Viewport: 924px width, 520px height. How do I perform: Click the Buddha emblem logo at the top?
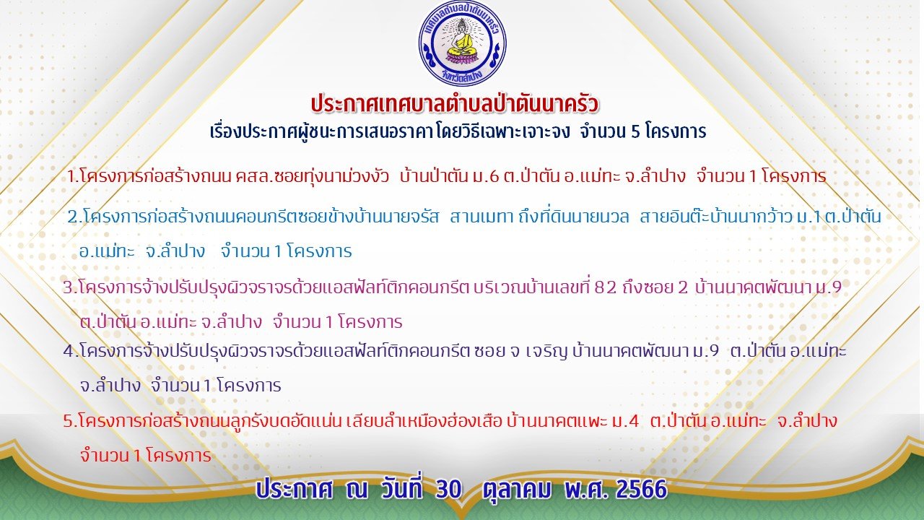463,43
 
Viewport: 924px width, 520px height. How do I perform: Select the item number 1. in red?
73,177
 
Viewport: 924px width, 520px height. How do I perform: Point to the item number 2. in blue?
75,217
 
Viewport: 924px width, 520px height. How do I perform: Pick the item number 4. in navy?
71,351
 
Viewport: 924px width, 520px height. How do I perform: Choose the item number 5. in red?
70,421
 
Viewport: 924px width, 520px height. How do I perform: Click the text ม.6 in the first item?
487,177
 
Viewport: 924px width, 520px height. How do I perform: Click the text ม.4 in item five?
626,421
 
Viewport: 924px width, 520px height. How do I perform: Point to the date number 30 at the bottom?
448,490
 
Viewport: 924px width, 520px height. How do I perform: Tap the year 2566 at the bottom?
642,490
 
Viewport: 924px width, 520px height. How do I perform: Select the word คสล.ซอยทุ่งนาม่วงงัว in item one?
313,177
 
